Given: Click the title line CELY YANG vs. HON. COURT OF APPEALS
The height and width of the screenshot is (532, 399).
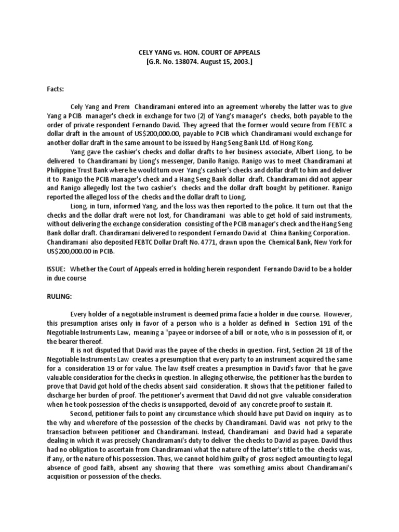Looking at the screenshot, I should tap(199, 53).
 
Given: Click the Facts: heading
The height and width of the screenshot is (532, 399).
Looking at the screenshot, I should tap(56, 89).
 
